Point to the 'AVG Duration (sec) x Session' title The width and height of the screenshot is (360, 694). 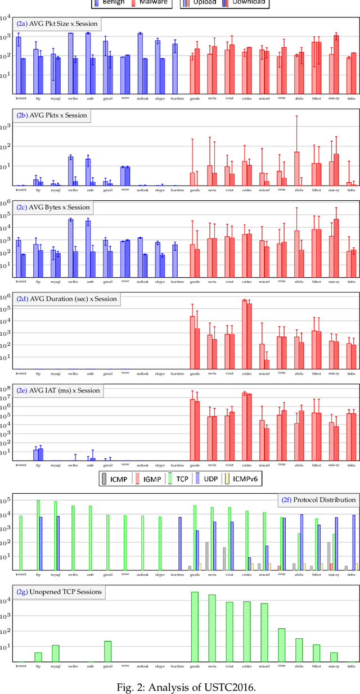point(66,299)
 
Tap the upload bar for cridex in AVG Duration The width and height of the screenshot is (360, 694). point(244,335)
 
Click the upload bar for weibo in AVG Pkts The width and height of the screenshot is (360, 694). point(70,171)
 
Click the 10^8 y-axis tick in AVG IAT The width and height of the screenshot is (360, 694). point(8,389)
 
